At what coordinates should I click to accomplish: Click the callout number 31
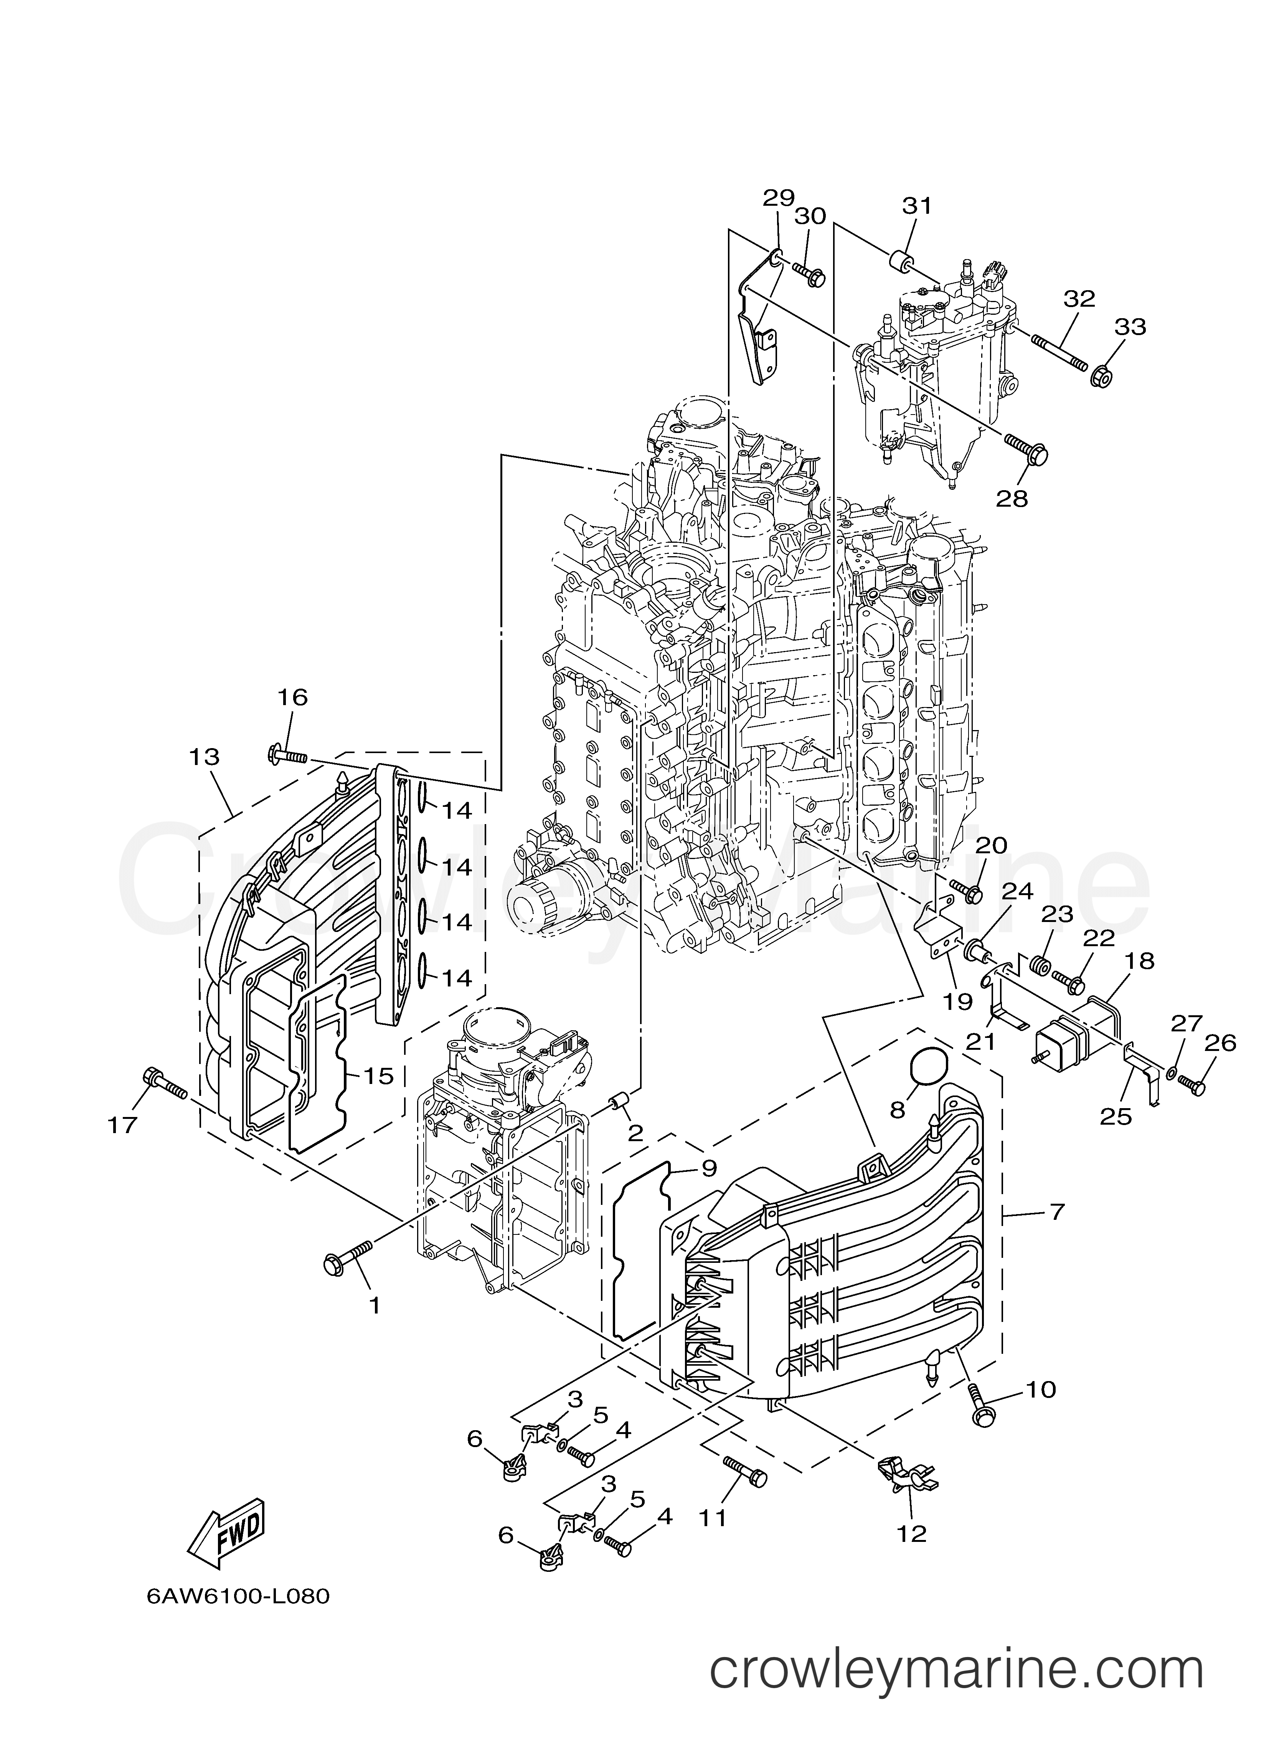918,206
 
